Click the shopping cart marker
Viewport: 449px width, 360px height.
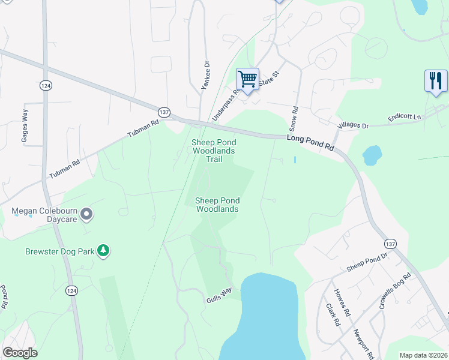(x=247, y=79)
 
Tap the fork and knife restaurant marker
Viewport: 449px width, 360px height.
(x=436, y=80)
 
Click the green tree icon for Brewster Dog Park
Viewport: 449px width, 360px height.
(x=104, y=250)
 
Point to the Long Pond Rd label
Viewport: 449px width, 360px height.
(x=310, y=142)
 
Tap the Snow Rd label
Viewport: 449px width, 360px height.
(x=294, y=119)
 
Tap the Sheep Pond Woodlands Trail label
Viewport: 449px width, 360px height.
(x=214, y=151)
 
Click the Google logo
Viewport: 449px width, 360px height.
(x=20, y=353)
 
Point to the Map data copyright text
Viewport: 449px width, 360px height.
(x=423, y=355)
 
